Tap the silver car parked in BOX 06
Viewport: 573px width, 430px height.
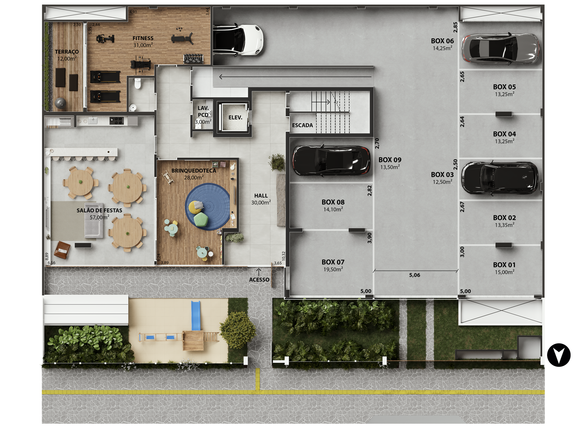[500, 48]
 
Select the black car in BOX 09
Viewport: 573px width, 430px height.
[331, 161]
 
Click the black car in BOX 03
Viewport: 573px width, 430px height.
[500, 178]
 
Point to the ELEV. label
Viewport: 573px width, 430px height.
[235, 118]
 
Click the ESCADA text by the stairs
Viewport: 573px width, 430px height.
[302, 125]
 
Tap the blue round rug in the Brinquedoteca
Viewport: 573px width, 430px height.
[208, 206]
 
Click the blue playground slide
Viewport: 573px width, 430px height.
[195, 315]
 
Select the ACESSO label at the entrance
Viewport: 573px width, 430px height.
[259, 280]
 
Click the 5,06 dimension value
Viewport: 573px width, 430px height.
[415, 275]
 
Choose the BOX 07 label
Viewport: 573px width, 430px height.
[333, 262]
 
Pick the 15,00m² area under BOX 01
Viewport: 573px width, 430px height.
[504, 272]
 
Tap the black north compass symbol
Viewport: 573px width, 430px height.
[559, 355]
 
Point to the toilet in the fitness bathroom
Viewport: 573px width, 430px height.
[137, 84]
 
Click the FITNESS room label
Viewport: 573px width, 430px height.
[143, 38]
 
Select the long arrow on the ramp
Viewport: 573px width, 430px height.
[295, 77]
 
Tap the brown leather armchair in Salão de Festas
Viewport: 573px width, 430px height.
[62, 250]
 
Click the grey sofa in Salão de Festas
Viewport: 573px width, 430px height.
[93, 221]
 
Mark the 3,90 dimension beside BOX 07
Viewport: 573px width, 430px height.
[369, 238]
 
